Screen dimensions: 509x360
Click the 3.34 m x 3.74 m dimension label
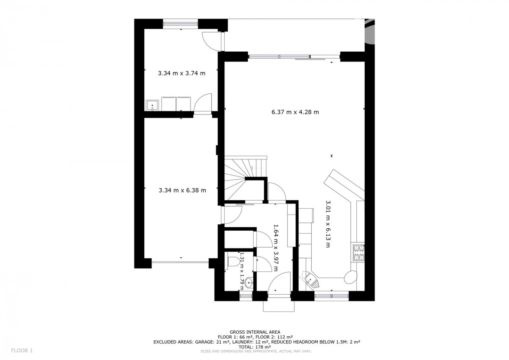[x=182, y=73]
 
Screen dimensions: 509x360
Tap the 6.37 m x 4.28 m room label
[x=295, y=112]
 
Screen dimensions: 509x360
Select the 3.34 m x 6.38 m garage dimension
[x=182, y=190]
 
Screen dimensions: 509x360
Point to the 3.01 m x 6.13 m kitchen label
[x=328, y=224]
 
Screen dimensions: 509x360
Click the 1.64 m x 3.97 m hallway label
[x=275, y=248]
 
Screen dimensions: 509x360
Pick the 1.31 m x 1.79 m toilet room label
[x=241, y=271]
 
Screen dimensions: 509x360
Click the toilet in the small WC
[x=233, y=262]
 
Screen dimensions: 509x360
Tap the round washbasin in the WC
[x=249, y=283]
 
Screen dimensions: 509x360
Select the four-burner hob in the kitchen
[x=358, y=252]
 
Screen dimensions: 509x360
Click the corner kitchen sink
[x=310, y=280]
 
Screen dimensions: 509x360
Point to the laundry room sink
[x=152, y=106]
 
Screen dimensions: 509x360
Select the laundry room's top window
[x=181, y=24]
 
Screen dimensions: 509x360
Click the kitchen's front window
[x=332, y=296]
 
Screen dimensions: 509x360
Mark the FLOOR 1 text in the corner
[x=22, y=351]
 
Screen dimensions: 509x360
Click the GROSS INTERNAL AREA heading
[x=255, y=332]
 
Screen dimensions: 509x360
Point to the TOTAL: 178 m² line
[x=255, y=347]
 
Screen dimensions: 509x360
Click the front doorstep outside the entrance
[x=279, y=306]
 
